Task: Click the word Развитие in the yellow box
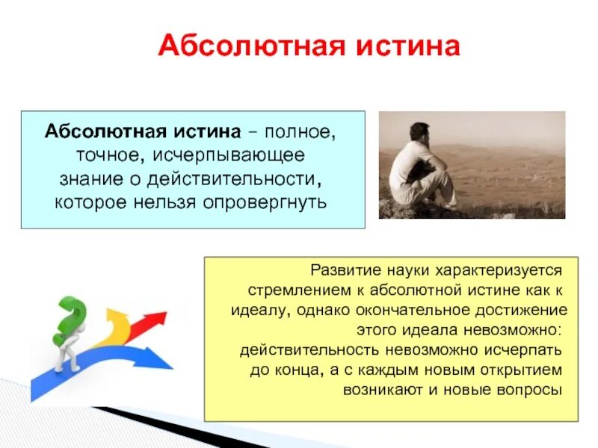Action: pos(345,269)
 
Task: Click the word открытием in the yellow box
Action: pos(524,370)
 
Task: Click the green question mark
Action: pos(69,317)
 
